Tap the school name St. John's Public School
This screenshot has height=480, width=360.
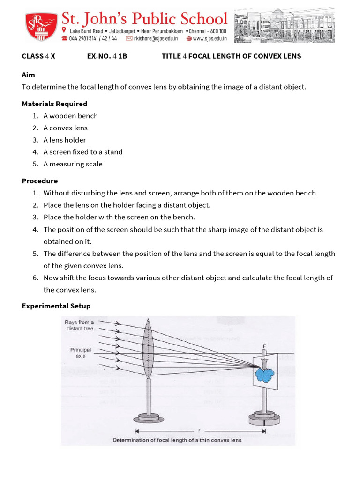pos(145,19)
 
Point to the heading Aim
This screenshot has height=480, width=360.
pos(28,75)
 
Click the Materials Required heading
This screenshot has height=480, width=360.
pos(54,104)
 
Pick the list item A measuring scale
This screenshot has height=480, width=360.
pos(73,164)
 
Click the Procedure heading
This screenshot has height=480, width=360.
pos(40,181)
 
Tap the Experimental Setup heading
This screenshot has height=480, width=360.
pos(56,306)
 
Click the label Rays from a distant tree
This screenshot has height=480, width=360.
pos(79,325)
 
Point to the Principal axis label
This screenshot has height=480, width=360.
pos(80,352)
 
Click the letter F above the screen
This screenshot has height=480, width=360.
pos(265,346)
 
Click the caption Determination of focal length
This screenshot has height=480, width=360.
pos(177,440)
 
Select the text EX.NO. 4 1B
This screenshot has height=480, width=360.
pos(107,56)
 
